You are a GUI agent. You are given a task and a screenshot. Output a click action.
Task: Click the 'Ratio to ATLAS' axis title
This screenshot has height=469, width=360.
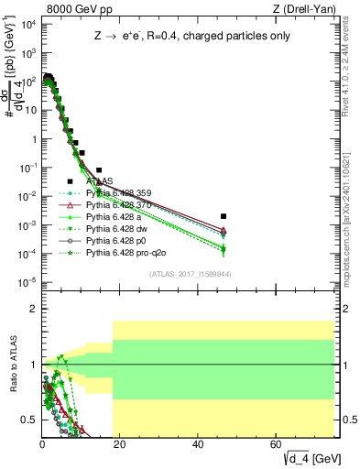click(12, 365)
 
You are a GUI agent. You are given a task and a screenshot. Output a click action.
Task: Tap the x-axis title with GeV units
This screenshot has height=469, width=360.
click(312, 457)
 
